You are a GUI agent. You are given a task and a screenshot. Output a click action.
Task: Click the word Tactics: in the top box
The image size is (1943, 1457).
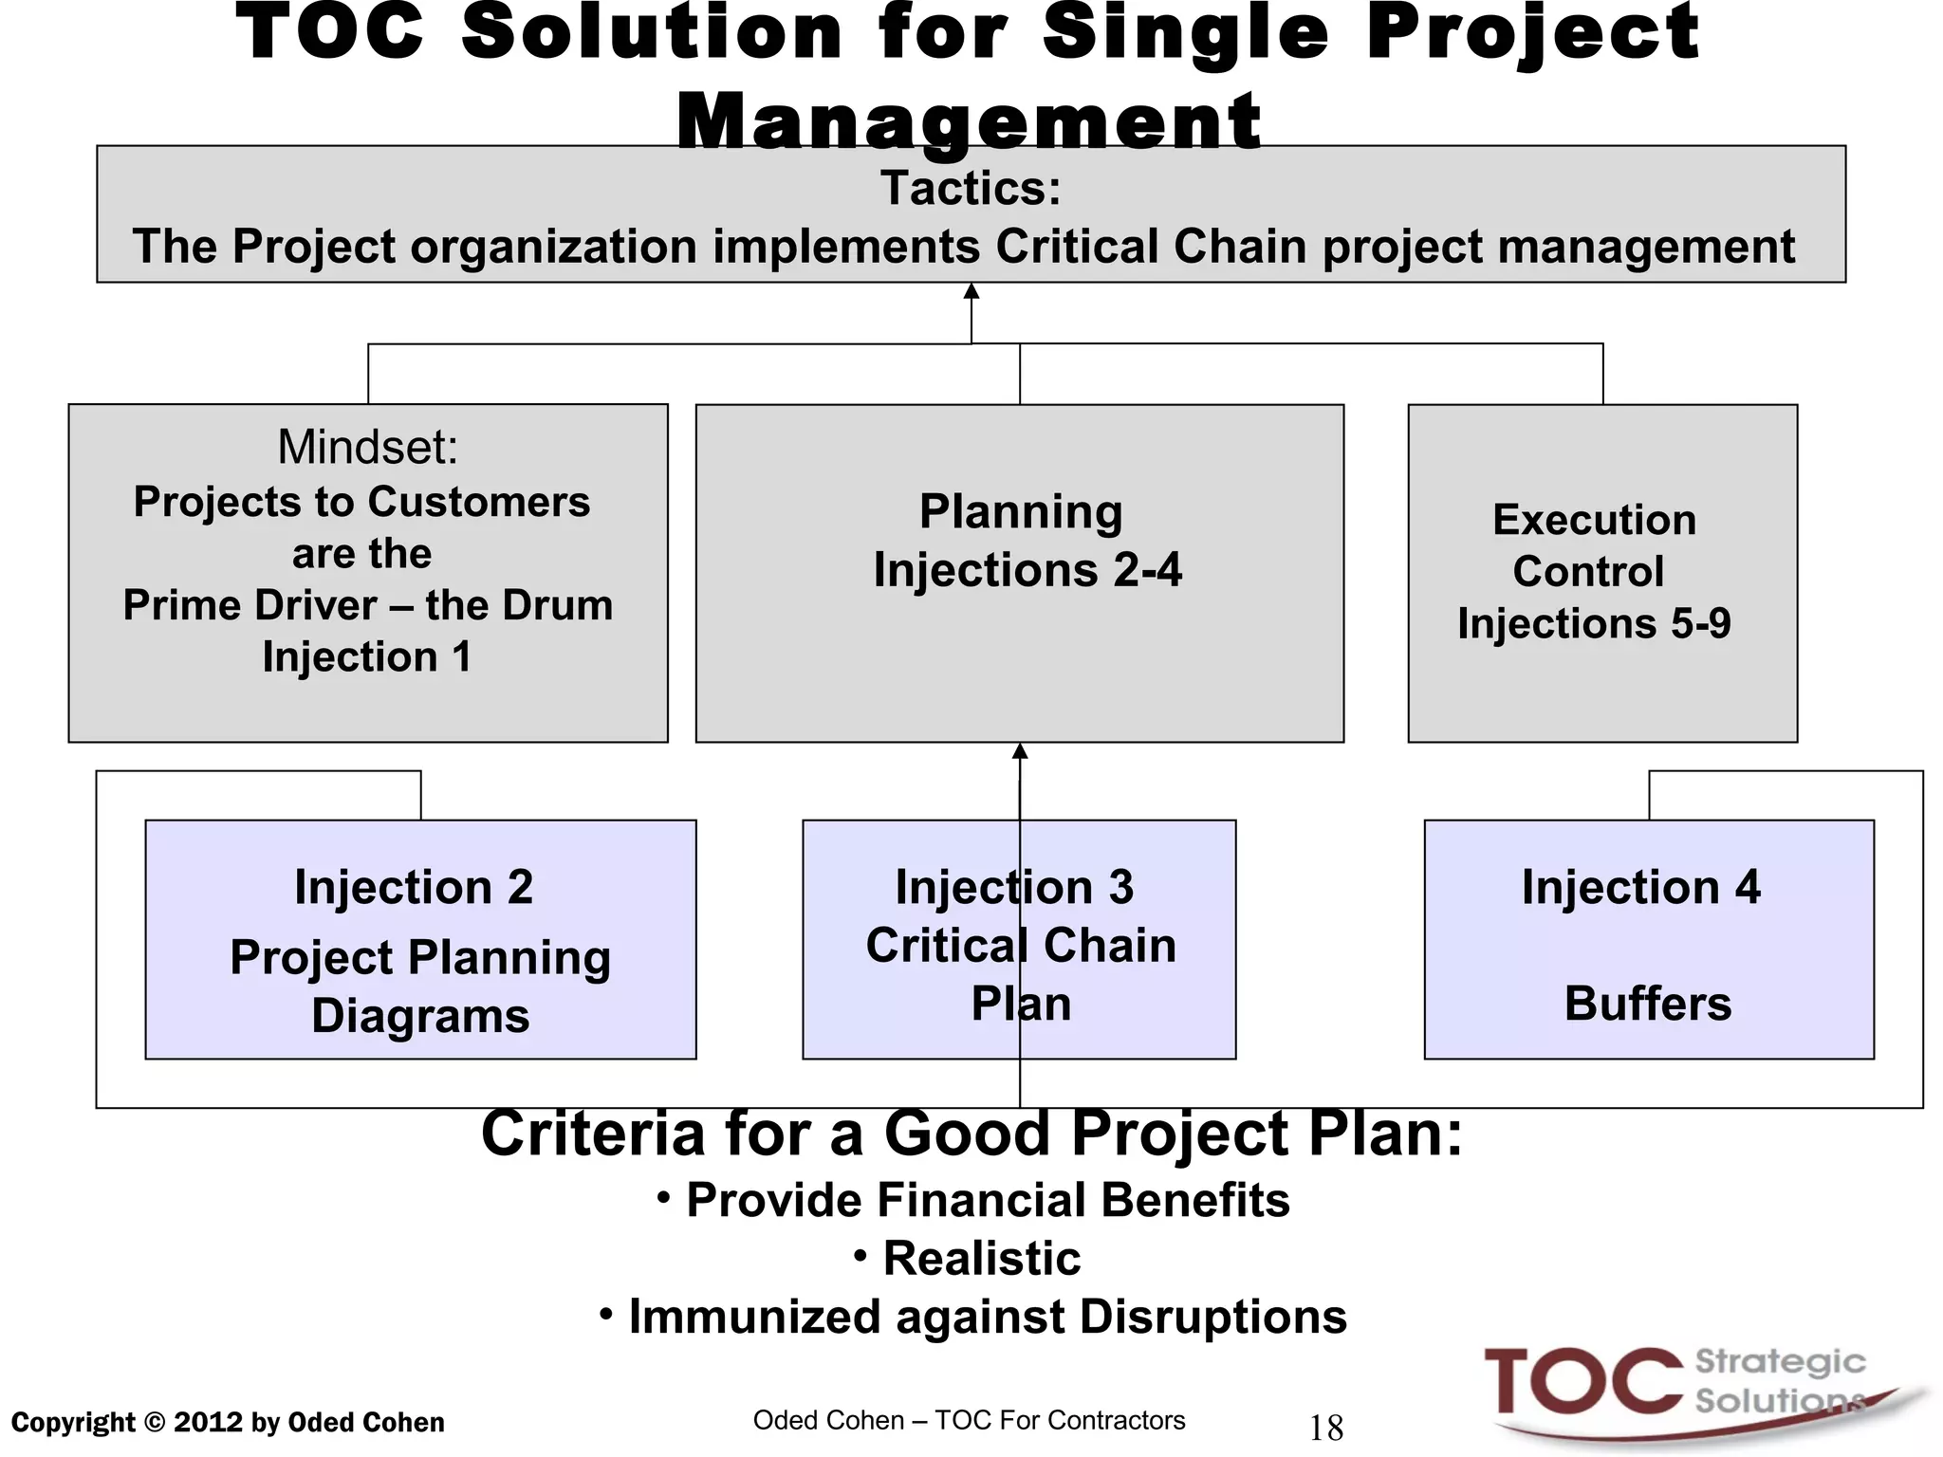click(971, 188)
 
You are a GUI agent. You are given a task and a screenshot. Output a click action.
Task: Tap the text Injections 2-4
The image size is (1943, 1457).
click(1027, 570)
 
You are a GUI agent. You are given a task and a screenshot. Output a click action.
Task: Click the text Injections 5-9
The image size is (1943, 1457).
click(1594, 623)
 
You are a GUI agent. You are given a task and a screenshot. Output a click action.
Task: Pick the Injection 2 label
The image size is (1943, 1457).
click(414, 887)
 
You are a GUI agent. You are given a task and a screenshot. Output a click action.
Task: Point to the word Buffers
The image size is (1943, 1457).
click(1648, 1003)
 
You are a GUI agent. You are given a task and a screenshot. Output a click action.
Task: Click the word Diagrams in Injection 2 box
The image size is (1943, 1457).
click(420, 1016)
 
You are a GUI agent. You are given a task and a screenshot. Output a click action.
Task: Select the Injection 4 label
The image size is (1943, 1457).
click(1641, 887)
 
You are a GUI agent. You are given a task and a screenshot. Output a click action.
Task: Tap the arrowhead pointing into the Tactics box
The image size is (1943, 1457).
click(971, 291)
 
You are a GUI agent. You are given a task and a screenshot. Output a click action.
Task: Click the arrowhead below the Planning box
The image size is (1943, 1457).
click(1020, 751)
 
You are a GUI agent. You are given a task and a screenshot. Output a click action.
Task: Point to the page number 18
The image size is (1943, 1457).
click(1325, 1428)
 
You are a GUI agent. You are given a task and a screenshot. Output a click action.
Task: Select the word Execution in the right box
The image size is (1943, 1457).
click(1594, 520)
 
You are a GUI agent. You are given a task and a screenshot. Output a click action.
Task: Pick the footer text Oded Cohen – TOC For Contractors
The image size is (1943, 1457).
click(969, 1420)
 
